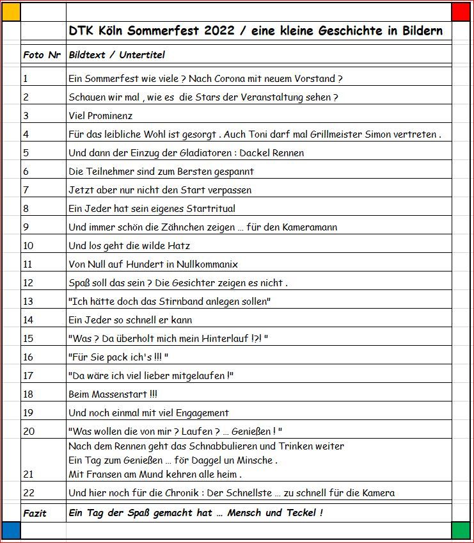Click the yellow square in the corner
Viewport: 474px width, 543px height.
click(12, 12)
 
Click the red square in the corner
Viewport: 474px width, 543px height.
click(461, 12)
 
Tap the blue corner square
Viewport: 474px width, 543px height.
click(12, 530)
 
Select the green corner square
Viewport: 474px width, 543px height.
click(461, 530)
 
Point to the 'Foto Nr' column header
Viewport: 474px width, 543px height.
click(42, 55)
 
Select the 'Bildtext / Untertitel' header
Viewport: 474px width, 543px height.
click(116, 55)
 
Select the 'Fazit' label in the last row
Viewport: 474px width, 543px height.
click(35, 513)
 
